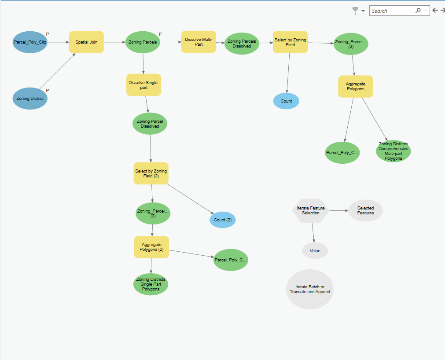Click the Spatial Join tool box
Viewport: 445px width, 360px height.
pos(86,42)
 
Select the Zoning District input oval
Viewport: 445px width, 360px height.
pos(30,99)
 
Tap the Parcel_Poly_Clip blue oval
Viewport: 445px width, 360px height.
pos(30,42)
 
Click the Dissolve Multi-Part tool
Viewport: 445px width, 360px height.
pos(199,42)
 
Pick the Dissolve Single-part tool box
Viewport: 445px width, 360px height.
pos(143,85)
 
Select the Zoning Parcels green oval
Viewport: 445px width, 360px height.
pos(143,42)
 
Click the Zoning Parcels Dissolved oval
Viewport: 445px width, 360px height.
pos(242,44)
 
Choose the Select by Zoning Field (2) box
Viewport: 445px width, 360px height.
pos(151,173)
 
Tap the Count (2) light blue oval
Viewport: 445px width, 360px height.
pos(223,220)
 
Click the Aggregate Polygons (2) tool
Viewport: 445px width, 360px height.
pos(151,247)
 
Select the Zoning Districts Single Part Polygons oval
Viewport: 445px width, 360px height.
pos(151,284)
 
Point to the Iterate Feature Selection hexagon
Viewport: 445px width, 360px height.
pos(310,210)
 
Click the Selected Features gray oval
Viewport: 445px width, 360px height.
pos(365,210)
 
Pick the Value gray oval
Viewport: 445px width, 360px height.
pos(315,250)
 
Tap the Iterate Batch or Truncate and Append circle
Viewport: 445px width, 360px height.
pos(310,289)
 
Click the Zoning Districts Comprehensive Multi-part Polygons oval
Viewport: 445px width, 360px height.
pos(394,151)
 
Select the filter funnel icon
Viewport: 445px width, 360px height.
pos(355,11)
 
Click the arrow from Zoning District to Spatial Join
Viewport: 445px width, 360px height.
pos(57,71)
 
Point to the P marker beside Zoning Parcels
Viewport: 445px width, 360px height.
pos(160,34)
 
